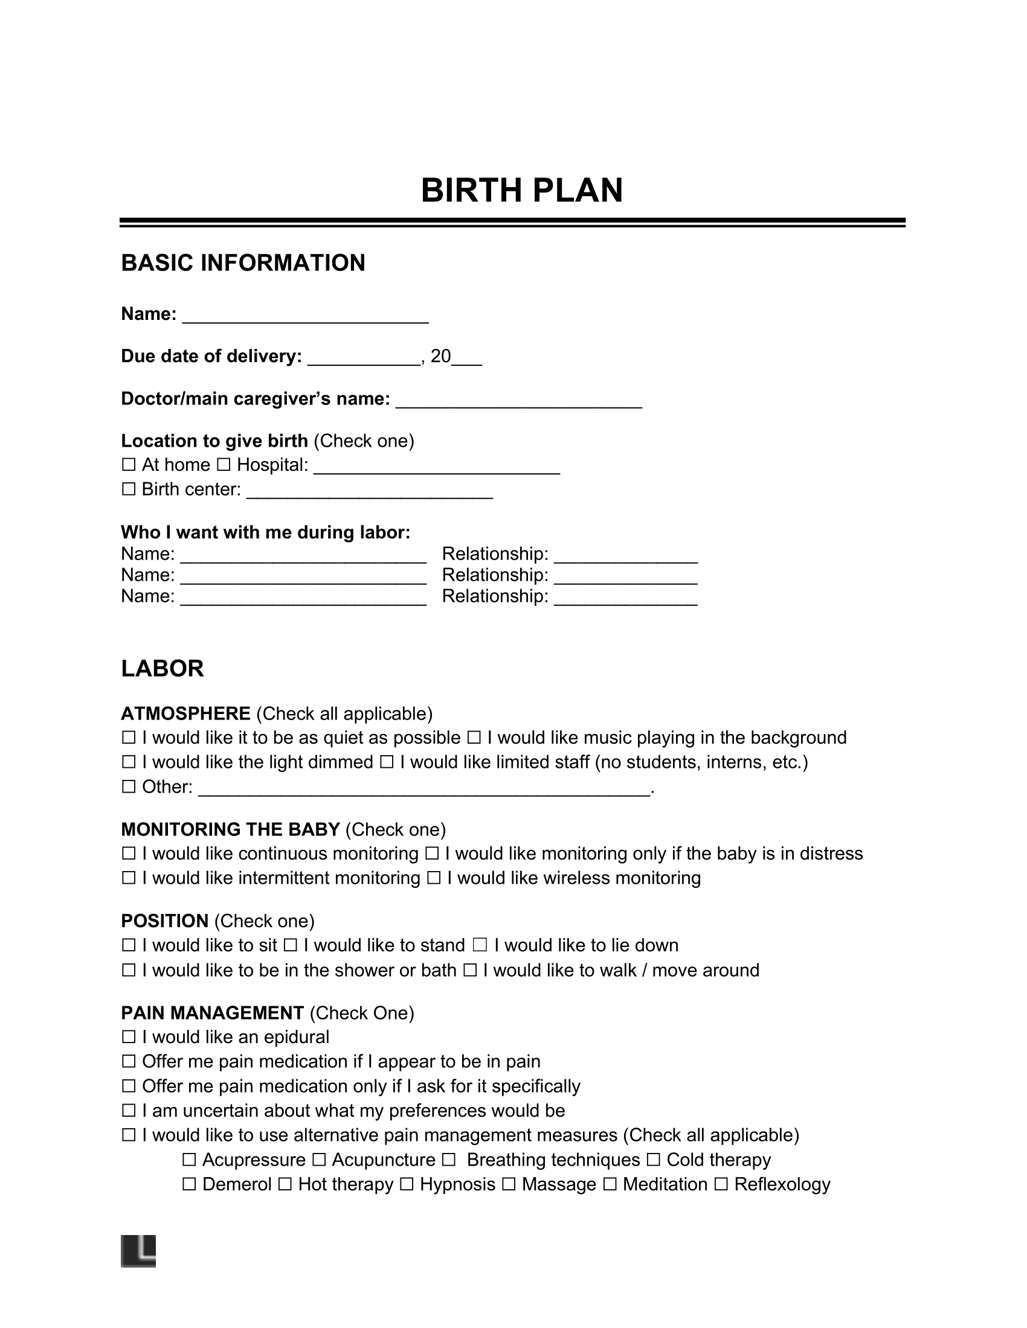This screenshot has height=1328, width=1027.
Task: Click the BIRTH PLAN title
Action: click(x=521, y=191)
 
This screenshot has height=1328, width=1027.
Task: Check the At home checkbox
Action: click(x=128, y=465)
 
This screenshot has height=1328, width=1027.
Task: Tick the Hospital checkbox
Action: click(x=224, y=465)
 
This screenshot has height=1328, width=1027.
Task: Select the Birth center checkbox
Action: click(x=128, y=490)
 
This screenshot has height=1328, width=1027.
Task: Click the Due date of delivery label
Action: click(x=211, y=356)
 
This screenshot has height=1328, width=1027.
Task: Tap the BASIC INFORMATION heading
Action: click(x=243, y=263)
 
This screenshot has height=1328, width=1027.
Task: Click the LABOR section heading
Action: click(x=162, y=669)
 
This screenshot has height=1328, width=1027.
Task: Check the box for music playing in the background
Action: click(x=474, y=738)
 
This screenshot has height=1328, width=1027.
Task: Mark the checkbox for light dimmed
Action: click(x=128, y=762)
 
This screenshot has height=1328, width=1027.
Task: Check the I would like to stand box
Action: click(x=290, y=945)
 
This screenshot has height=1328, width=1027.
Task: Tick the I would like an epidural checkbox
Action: click(x=128, y=1037)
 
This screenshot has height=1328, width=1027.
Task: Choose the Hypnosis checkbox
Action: click(x=407, y=1184)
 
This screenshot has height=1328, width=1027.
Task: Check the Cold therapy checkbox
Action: click(x=654, y=1160)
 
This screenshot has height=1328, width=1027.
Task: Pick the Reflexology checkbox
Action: click(x=721, y=1184)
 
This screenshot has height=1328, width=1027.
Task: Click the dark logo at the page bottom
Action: click(x=139, y=1251)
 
